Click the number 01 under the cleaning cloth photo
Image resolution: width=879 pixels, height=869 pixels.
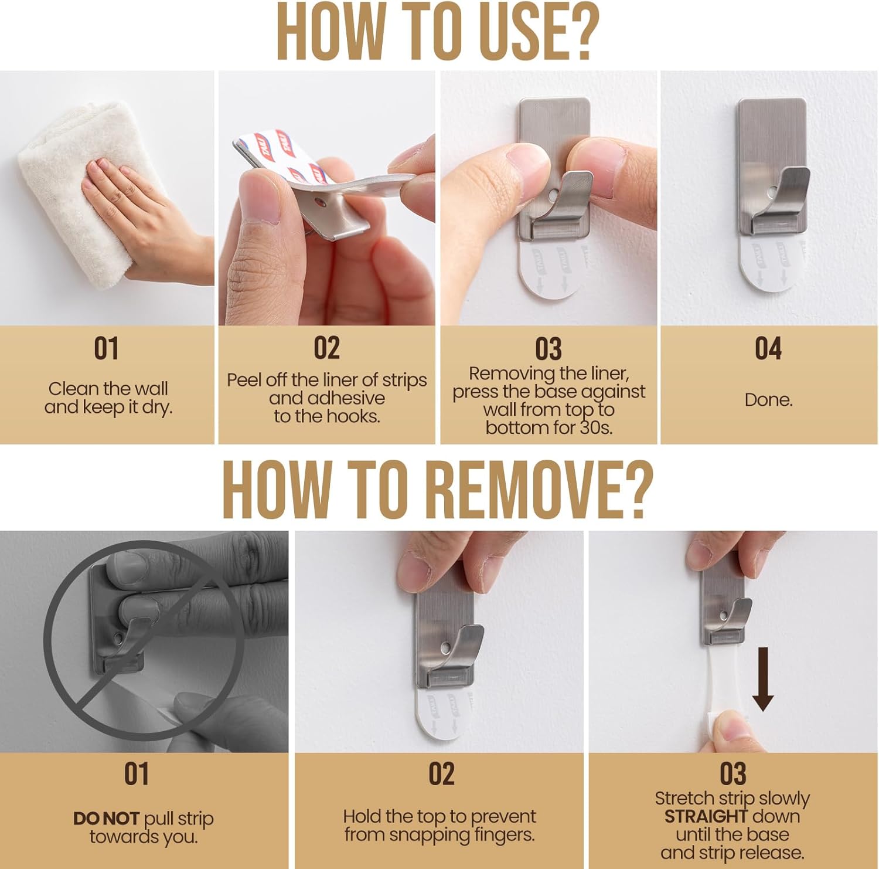(x=106, y=348)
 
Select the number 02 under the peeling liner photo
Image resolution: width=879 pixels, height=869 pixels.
(x=326, y=348)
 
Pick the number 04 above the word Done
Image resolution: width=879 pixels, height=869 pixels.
(x=768, y=348)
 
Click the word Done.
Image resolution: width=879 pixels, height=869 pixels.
(x=768, y=400)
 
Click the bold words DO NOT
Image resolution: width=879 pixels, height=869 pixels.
(x=106, y=819)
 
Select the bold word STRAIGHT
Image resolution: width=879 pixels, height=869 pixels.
(x=705, y=816)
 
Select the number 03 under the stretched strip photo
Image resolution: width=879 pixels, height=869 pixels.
(x=732, y=774)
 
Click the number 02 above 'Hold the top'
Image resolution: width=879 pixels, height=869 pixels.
(x=441, y=774)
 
